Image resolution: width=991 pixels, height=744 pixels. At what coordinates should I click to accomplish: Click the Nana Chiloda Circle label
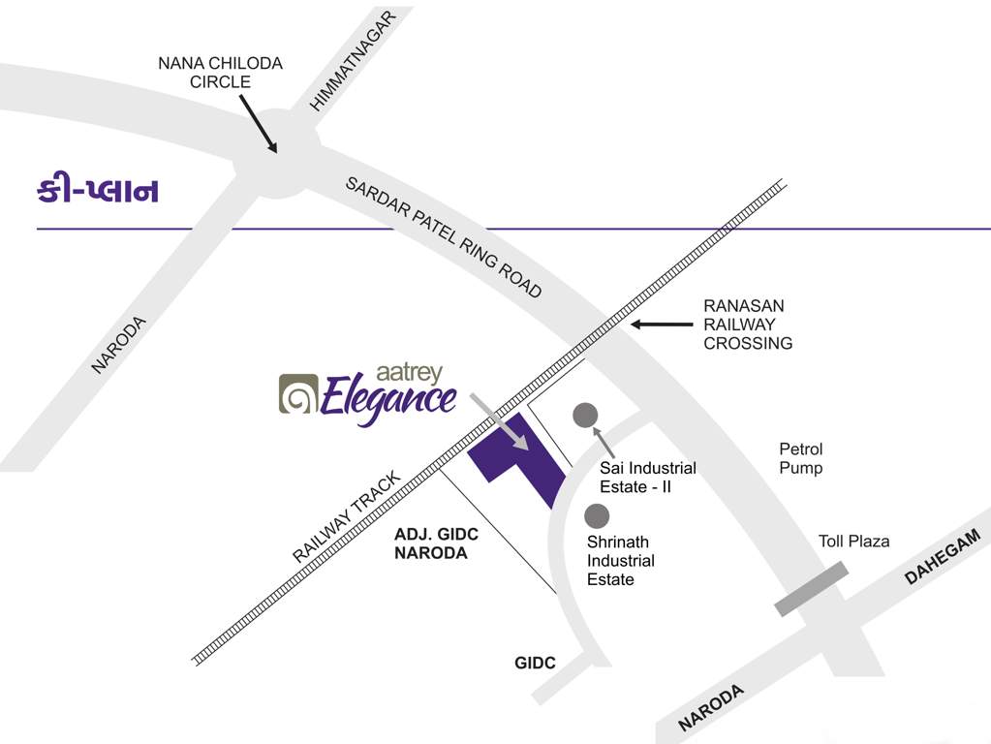[x=221, y=73]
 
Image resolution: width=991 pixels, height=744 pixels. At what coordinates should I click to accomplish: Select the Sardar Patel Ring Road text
[x=444, y=237]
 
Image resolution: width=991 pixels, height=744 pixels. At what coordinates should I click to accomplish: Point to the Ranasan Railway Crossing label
[x=748, y=325]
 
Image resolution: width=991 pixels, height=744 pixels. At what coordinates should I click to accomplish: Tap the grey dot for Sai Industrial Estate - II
[x=584, y=416]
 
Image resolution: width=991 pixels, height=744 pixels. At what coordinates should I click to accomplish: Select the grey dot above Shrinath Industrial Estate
[x=597, y=516]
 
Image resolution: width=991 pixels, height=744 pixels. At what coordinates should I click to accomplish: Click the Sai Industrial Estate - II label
[x=648, y=478]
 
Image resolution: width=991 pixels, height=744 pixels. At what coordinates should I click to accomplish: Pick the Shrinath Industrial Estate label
[x=620, y=561]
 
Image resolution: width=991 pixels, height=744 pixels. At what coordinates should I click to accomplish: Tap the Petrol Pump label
[x=801, y=459]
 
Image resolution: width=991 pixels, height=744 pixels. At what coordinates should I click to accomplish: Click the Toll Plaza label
[x=853, y=542]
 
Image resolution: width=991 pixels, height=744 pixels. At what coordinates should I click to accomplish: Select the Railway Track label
[x=347, y=517]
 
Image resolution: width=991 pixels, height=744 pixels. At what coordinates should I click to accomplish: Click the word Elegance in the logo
[x=387, y=399]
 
